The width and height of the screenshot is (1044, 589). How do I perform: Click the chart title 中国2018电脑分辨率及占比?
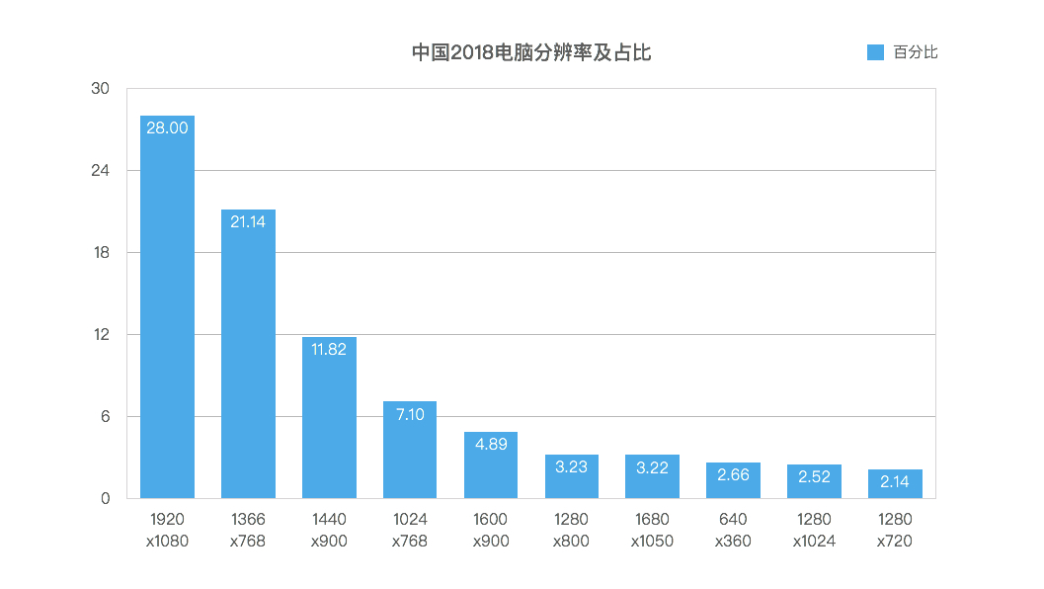tap(530, 53)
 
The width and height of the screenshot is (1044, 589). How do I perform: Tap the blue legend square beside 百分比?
tap(875, 52)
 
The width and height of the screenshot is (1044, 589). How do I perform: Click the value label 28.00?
tap(167, 127)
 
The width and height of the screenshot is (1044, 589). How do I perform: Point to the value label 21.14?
tap(248, 221)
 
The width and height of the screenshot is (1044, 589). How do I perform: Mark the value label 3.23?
tap(572, 466)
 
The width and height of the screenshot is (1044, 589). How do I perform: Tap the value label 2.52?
tap(814, 476)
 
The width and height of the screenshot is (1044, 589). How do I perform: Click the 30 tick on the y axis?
tap(100, 89)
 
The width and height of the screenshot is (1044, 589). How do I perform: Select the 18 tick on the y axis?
tap(100, 253)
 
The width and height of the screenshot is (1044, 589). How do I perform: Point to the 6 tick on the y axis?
tap(104, 417)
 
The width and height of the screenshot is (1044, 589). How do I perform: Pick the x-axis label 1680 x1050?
tap(652, 530)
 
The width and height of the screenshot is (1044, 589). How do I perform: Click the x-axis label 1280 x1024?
tap(814, 530)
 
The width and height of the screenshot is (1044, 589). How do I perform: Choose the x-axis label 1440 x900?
tap(329, 530)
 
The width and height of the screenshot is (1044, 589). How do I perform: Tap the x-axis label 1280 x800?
tap(572, 530)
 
